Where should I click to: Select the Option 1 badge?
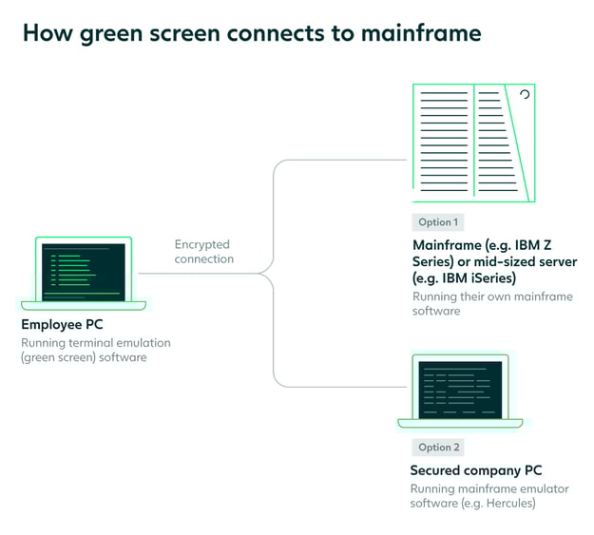point(437,222)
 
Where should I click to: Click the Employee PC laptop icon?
point(84,274)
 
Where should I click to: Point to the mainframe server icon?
point(472,143)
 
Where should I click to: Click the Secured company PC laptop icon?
point(460,391)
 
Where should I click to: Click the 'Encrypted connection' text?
point(203,252)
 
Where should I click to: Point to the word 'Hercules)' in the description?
point(508,504)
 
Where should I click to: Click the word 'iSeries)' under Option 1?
point(489,278)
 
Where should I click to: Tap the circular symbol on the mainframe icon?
point(523,95)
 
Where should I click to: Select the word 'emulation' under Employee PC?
point(144,343)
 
